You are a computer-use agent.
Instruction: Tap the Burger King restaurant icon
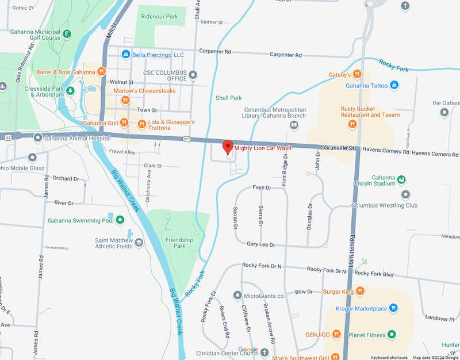point(359,292)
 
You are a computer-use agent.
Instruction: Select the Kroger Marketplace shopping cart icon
point(393,308)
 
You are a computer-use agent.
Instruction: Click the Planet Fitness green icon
point(392,334)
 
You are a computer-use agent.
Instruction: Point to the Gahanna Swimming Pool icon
point(120,220)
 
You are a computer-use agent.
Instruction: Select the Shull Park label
point(228,98)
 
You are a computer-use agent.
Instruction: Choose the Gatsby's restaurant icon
point(357,74)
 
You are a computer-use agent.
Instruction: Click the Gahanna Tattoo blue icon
point(394,86)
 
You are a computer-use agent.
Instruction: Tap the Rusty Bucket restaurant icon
point(352,123)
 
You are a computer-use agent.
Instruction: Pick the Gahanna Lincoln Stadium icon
point(401,180)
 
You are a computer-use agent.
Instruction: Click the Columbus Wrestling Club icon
point(405,194)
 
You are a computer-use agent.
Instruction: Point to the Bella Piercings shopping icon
point(125,55)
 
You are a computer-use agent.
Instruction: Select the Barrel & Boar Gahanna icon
point(101,71)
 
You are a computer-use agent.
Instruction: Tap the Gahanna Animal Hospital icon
point(38,137)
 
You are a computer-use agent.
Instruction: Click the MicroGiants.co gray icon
point(237,296)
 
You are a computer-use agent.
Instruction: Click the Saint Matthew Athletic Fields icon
point(138,244)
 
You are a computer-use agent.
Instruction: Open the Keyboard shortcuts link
point(389,357)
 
